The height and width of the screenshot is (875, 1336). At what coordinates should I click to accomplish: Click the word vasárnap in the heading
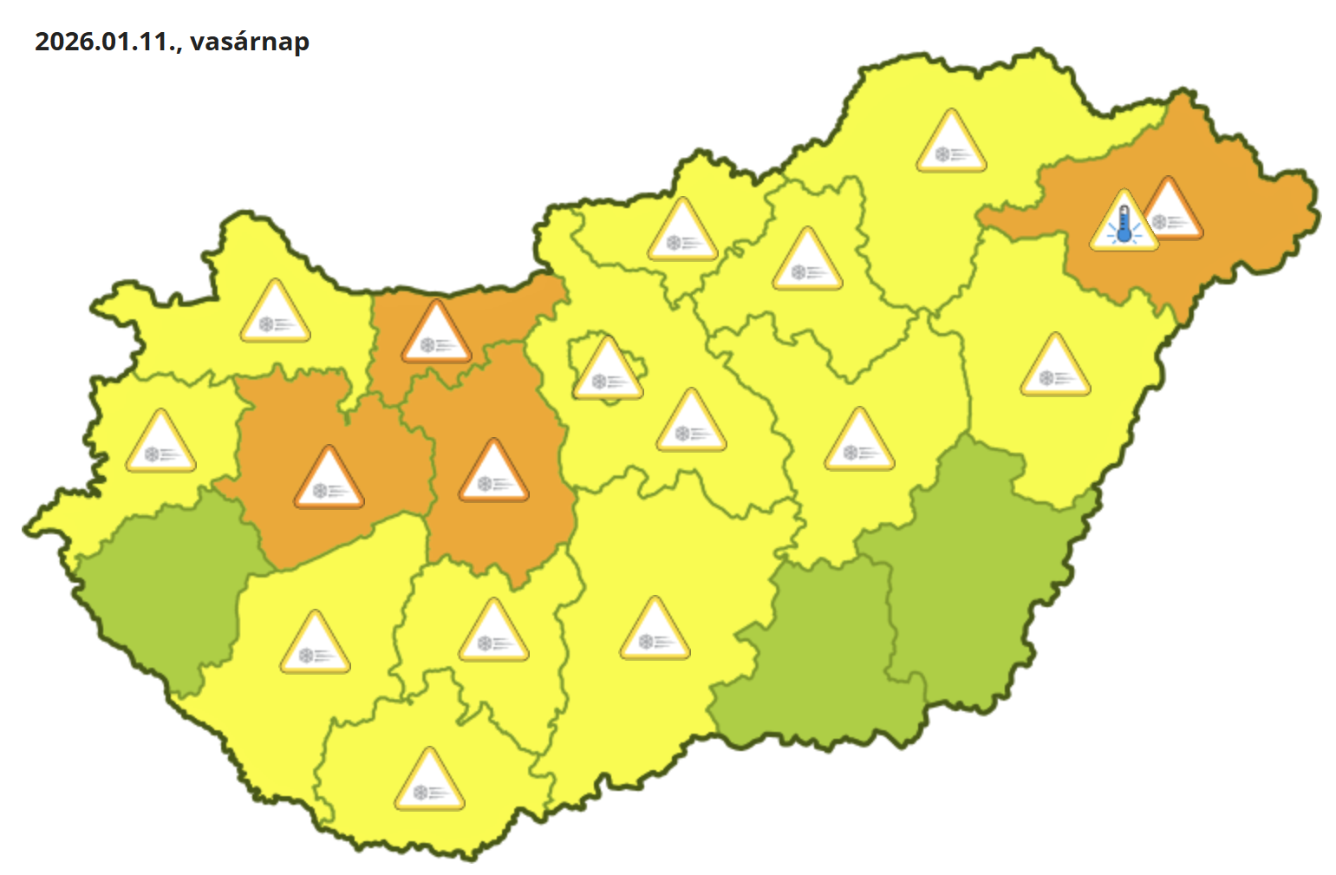250,42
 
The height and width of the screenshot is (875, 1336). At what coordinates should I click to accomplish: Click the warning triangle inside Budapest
608,371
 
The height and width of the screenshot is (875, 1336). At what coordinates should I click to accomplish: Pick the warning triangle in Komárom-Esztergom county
437,334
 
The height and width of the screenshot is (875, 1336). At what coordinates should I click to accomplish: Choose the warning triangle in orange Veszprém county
329,480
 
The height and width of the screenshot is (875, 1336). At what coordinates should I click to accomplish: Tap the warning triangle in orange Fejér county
493,473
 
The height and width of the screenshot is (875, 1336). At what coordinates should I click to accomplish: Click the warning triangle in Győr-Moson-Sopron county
275,313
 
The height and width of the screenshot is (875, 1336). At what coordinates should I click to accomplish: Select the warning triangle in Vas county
160,443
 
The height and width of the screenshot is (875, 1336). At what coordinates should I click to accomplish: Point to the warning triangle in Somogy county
315,645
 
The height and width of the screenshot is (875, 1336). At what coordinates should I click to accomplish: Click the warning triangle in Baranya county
429,782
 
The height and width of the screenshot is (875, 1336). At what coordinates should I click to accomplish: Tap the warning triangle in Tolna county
493,632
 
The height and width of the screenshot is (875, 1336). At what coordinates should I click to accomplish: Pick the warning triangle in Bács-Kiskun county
655,630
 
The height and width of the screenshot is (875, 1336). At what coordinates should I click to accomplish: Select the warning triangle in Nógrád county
683,232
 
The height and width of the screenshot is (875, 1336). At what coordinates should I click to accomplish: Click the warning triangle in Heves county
807,261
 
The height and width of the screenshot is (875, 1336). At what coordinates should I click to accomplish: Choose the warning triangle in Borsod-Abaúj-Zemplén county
951,143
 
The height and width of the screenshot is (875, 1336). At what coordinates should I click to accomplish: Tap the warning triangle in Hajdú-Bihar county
1055,367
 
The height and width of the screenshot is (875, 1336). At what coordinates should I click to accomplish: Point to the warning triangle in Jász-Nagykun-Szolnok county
859,441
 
